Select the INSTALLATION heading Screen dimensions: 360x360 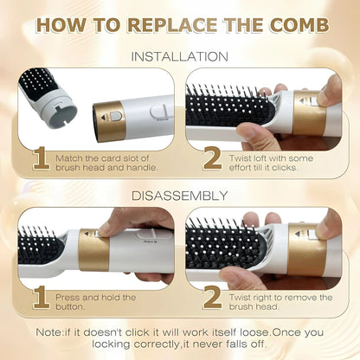tap(180, 57)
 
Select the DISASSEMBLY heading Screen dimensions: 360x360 tap(180, 195)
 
